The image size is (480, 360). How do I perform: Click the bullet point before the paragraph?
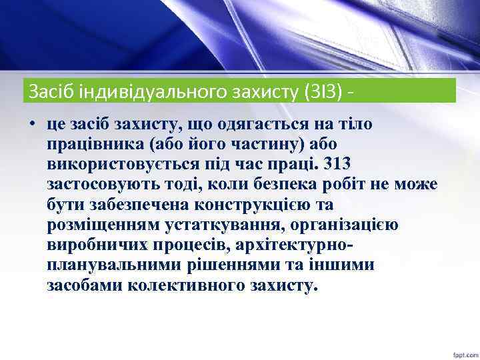click(31, 125)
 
